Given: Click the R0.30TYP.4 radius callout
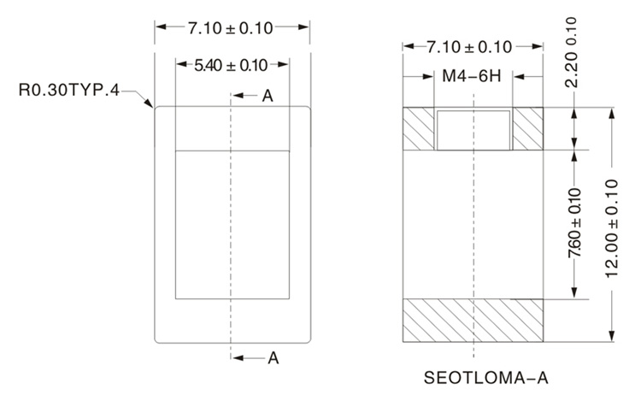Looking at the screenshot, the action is [x=69, y=90].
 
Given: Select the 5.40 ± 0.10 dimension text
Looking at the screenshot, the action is [x=231, y=66].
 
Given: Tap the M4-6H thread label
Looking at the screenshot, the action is [x=472, y=76].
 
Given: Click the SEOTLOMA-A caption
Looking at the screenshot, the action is [x=486, y=377].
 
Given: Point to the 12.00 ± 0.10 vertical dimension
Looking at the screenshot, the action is [x=612, y=228].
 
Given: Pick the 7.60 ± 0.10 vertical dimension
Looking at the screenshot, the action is [x=575, y=223].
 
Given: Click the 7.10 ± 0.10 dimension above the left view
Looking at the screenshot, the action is [x=231, y=28].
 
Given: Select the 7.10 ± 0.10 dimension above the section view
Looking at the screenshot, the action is [x=469, y=47].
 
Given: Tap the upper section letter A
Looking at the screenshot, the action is [x=268, y=96].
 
